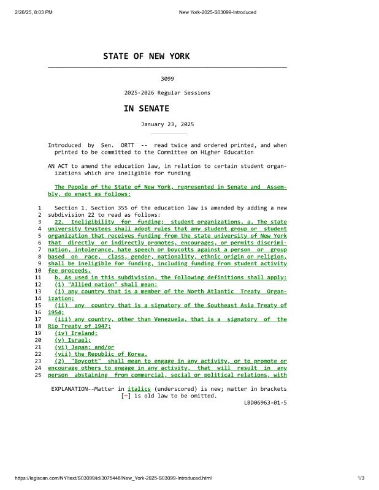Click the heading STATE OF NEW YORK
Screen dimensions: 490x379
click(x=146, y=56)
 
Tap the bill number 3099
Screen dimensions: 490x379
click(x=167, y=79)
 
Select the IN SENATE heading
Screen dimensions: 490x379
click(x=146, y=108)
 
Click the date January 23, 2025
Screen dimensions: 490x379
click(x=167, y=124)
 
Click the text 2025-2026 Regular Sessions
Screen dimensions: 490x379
click(x=167, y=93)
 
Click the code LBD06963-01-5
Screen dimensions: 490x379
click(x=265, y=402)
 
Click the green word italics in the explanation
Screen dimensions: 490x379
click(x=139, y=389)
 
